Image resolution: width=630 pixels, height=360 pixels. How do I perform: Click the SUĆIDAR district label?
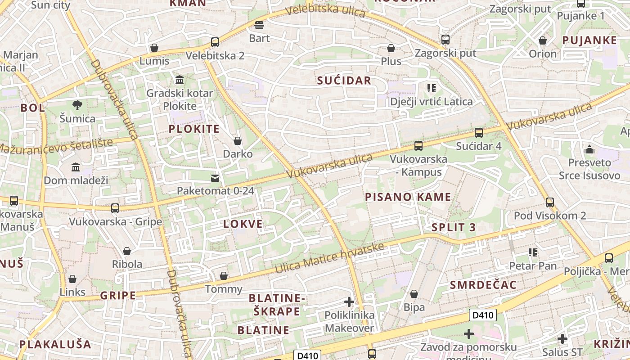344,81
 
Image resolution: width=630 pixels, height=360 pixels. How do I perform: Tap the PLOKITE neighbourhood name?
194,129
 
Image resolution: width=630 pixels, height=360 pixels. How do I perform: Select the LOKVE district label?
243,224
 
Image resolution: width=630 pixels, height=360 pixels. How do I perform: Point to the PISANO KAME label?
408,197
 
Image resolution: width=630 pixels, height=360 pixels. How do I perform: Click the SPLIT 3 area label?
453,227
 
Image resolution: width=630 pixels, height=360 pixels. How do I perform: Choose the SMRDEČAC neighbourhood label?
483,285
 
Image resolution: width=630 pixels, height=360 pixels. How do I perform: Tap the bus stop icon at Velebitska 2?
215,42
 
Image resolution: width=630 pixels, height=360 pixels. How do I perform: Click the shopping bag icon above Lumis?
154,48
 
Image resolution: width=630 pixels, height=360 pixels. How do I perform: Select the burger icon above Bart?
259,25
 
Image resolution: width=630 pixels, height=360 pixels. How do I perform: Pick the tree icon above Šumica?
77,105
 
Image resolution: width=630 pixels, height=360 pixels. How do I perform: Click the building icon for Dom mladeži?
76,167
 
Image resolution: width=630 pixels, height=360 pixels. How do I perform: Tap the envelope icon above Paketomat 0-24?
215,178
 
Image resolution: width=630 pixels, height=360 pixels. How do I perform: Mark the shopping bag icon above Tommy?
223,276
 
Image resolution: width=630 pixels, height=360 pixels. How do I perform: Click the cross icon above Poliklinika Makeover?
349,302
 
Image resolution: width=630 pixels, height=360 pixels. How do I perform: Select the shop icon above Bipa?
414,294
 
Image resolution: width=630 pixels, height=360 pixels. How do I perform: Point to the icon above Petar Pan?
533,252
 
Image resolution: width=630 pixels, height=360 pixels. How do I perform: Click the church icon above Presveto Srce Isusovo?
589,149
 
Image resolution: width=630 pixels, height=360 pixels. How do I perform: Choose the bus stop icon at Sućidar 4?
478,133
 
